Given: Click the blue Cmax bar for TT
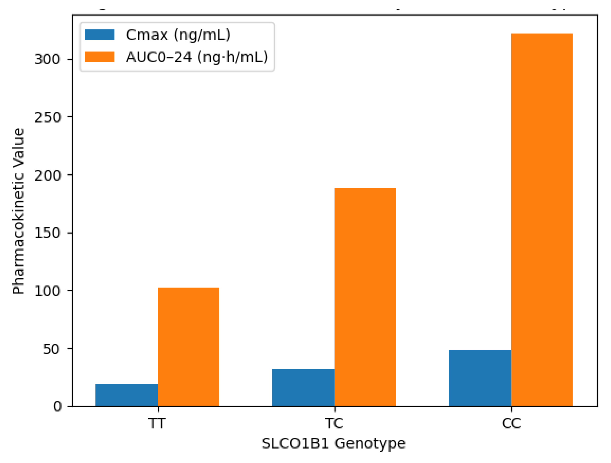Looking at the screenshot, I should pos(127,395).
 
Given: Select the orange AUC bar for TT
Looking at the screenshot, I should pos(188,347).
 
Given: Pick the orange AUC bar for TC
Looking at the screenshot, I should pos(365,297).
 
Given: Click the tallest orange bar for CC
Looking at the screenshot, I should pos(542,220).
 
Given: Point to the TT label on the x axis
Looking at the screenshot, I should pos(157,423).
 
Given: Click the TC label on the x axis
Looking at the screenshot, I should pos(334,423).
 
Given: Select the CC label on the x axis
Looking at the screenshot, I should pos(511,423).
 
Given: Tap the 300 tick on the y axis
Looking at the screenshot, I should pos(47,59).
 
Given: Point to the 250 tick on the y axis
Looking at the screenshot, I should pos(47,117).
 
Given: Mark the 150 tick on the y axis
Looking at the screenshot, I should pos(47,233).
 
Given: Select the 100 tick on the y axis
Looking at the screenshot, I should pos(47,291).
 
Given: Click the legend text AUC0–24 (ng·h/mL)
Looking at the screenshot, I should pos(197,57).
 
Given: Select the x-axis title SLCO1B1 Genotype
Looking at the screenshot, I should pos(334,444).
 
